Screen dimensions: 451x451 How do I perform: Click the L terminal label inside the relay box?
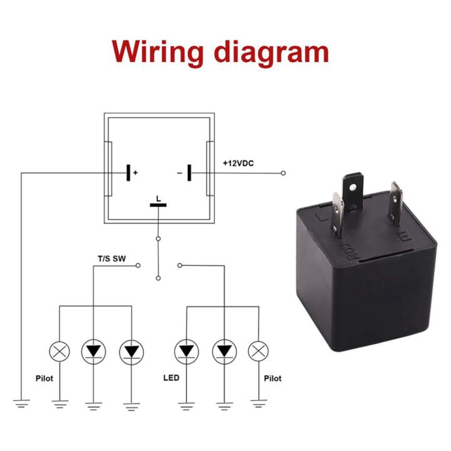tap(158, 198)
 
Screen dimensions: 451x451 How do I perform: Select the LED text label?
tap(171, 378)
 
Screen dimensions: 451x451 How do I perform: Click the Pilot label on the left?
tap(44, 378)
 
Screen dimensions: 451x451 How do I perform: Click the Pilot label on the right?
tap(272, 378)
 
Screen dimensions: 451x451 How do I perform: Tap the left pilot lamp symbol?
tap(60, 351)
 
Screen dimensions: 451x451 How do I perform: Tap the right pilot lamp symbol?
tap(257, 351)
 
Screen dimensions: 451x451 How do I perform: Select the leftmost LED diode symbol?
tap(94, 351)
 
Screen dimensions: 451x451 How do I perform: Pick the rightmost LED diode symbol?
tap(222, 351)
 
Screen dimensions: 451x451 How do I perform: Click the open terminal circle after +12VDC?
tap(283, 173)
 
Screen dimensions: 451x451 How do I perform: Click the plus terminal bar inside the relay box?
tap(128, 172)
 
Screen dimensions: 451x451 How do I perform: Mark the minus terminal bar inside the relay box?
tap(188, 172)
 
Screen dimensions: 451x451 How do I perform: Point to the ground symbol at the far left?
tap(22, 403)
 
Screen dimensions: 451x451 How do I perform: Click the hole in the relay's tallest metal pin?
tap(354, 187)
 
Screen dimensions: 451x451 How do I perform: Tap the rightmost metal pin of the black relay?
tap(395, 204)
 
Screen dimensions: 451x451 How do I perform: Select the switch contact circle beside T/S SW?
tap(138, 266)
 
